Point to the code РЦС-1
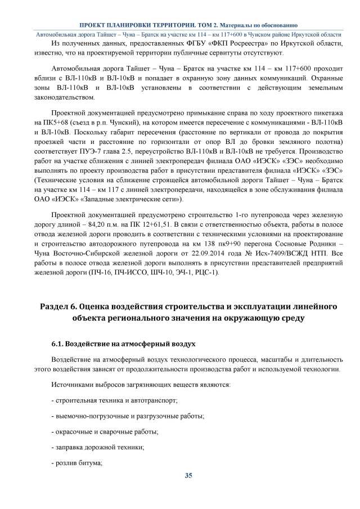pos(206,273)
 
